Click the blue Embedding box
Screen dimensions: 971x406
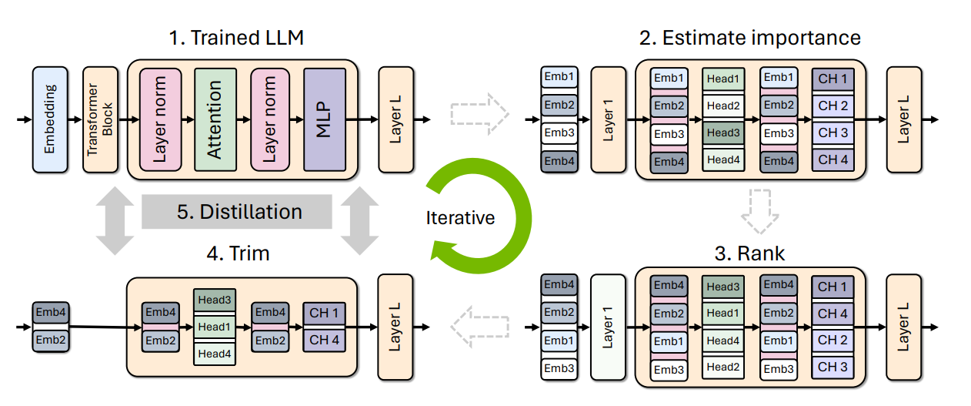[x=50, y=119]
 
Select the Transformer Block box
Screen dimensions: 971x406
[x=100, y=119]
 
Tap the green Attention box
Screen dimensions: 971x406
[x=215, y=119]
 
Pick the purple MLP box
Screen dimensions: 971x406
[x=325, y=119]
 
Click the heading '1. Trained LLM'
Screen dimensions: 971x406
[x=236, y=38]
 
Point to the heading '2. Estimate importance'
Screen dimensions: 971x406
[x=750, y=38]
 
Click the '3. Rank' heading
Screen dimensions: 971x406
[x=749, y=253]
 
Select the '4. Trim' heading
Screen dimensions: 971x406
[x=238, y=253]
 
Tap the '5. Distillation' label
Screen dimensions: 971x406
[x=239, y=212]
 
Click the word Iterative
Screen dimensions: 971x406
[x=460, y=217]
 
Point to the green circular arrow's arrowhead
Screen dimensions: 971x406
[x=443, y=250]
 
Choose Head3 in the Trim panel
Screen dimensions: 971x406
[x=215, y=300]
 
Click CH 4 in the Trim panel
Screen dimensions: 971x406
[x=324, y=340]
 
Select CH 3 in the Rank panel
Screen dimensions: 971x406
[x=833, y=367]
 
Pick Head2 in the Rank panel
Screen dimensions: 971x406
[x=723, y=367]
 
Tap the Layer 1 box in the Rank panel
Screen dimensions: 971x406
[x=608, y=327]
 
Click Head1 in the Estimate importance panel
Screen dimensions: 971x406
[x=723, y=79]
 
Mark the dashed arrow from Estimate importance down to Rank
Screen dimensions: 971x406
[x=760, y=211]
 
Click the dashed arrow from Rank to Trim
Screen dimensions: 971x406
[x=479, y=327]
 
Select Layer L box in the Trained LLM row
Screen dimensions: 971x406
[x=395, y=119]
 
